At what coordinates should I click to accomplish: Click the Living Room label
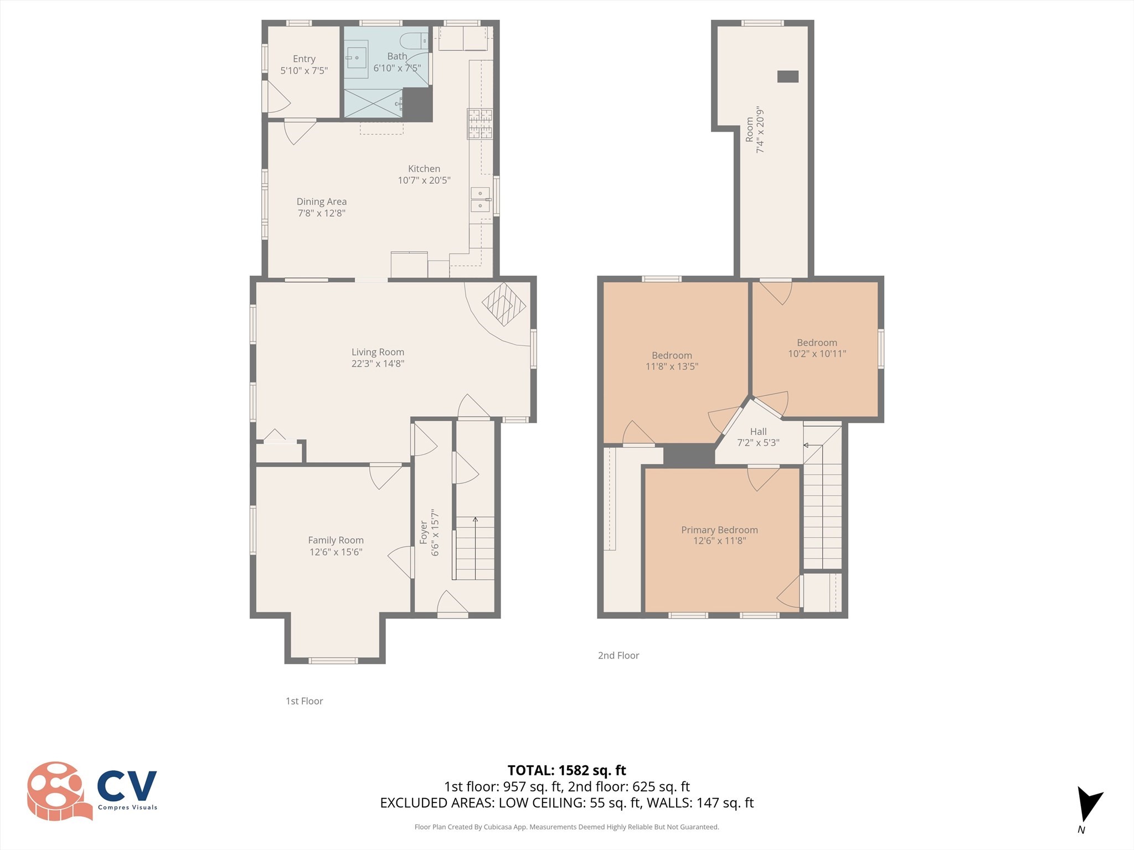[378, 352]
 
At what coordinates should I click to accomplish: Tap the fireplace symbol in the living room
[503, 304]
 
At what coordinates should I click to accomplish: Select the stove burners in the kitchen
[480, 124]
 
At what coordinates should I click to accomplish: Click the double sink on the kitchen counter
[480, 200]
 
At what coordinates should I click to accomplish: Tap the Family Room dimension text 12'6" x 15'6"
[336, 552]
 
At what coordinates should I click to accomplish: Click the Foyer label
[424, 532]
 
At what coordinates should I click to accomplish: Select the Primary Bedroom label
[719, 530]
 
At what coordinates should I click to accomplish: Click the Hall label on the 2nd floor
[758, 432]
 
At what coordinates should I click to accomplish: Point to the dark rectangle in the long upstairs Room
[787, 76]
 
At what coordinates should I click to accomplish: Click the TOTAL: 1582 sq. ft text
[566, 770]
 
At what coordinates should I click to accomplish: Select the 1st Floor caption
[304, 701]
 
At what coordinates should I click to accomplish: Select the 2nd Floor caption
[618, 655]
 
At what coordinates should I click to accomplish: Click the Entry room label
[304, 59]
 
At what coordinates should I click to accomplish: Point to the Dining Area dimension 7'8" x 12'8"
[321, 213]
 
